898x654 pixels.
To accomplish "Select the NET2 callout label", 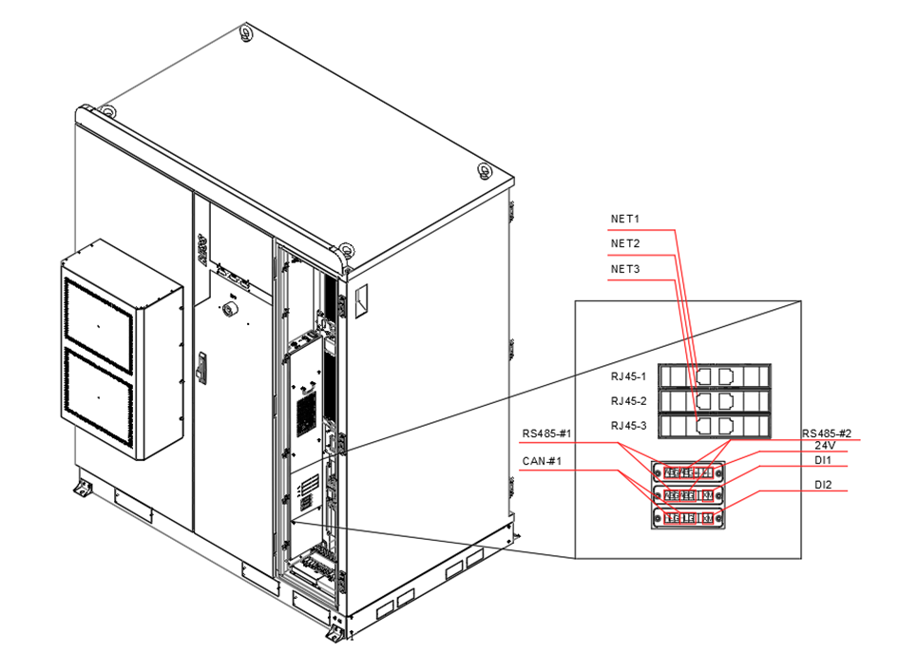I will pyautogui.click(x=624, y=244).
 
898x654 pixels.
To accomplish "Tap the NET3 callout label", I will pyautogui.click(x=624, y=269).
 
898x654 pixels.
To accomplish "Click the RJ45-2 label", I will pyautogui.click(x=628, y=400).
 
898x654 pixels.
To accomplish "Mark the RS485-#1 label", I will pyautogui.click(x=546, y=434).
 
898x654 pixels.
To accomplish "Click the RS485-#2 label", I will pyautogui.click(x=827, y=433).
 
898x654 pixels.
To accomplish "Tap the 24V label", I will pyautogui.click(x=825, y=445).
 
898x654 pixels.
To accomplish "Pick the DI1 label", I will pyautogui.click(x=823, y=461).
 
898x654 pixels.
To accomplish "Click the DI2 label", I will pyautogui.click(x=823, y=486).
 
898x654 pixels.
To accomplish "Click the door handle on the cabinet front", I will pyautogui.click(x=201, y=368).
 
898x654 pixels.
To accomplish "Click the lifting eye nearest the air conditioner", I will pyautogui.click(x=107, y=112).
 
